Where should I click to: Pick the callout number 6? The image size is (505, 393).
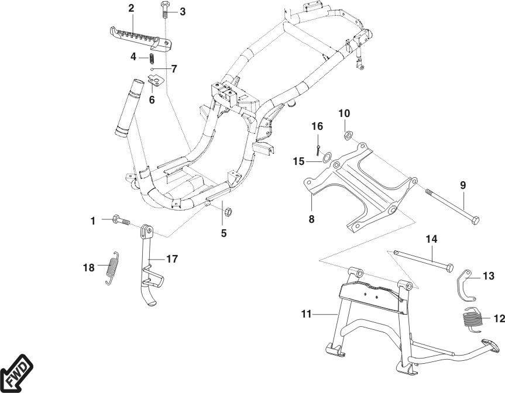click(x=152, y=99)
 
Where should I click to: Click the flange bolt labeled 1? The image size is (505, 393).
click(x=121, y=221)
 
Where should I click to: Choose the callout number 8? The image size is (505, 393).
click(x=311, y=219)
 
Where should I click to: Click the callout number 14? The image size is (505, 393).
click(x=431, y=239)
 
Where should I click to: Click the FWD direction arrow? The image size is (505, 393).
click(x=16, y=373)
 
